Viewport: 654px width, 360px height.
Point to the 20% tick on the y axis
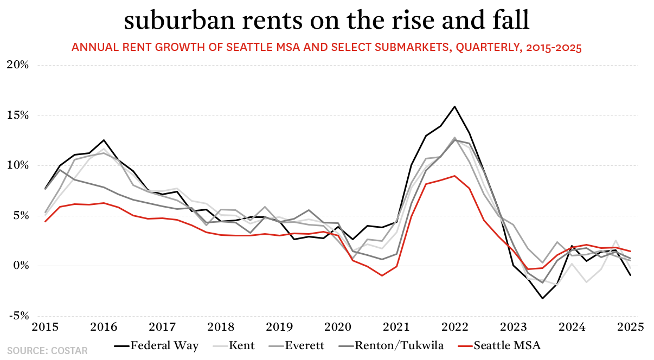click(x=17, y=65)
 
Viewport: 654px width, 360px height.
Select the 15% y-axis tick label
click(x=17, y=115)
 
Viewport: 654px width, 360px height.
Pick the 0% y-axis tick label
click(x=20, y=266)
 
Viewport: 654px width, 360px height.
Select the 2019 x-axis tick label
click(x=277, y=327)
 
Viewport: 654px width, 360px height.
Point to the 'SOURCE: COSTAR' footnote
click(x=47, y=351)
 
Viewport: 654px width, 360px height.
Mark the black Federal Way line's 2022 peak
click(x=454, y=106)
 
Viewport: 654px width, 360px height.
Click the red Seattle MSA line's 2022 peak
click(x=454, y=176)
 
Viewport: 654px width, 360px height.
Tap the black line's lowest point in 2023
click(x=542, y=298)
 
